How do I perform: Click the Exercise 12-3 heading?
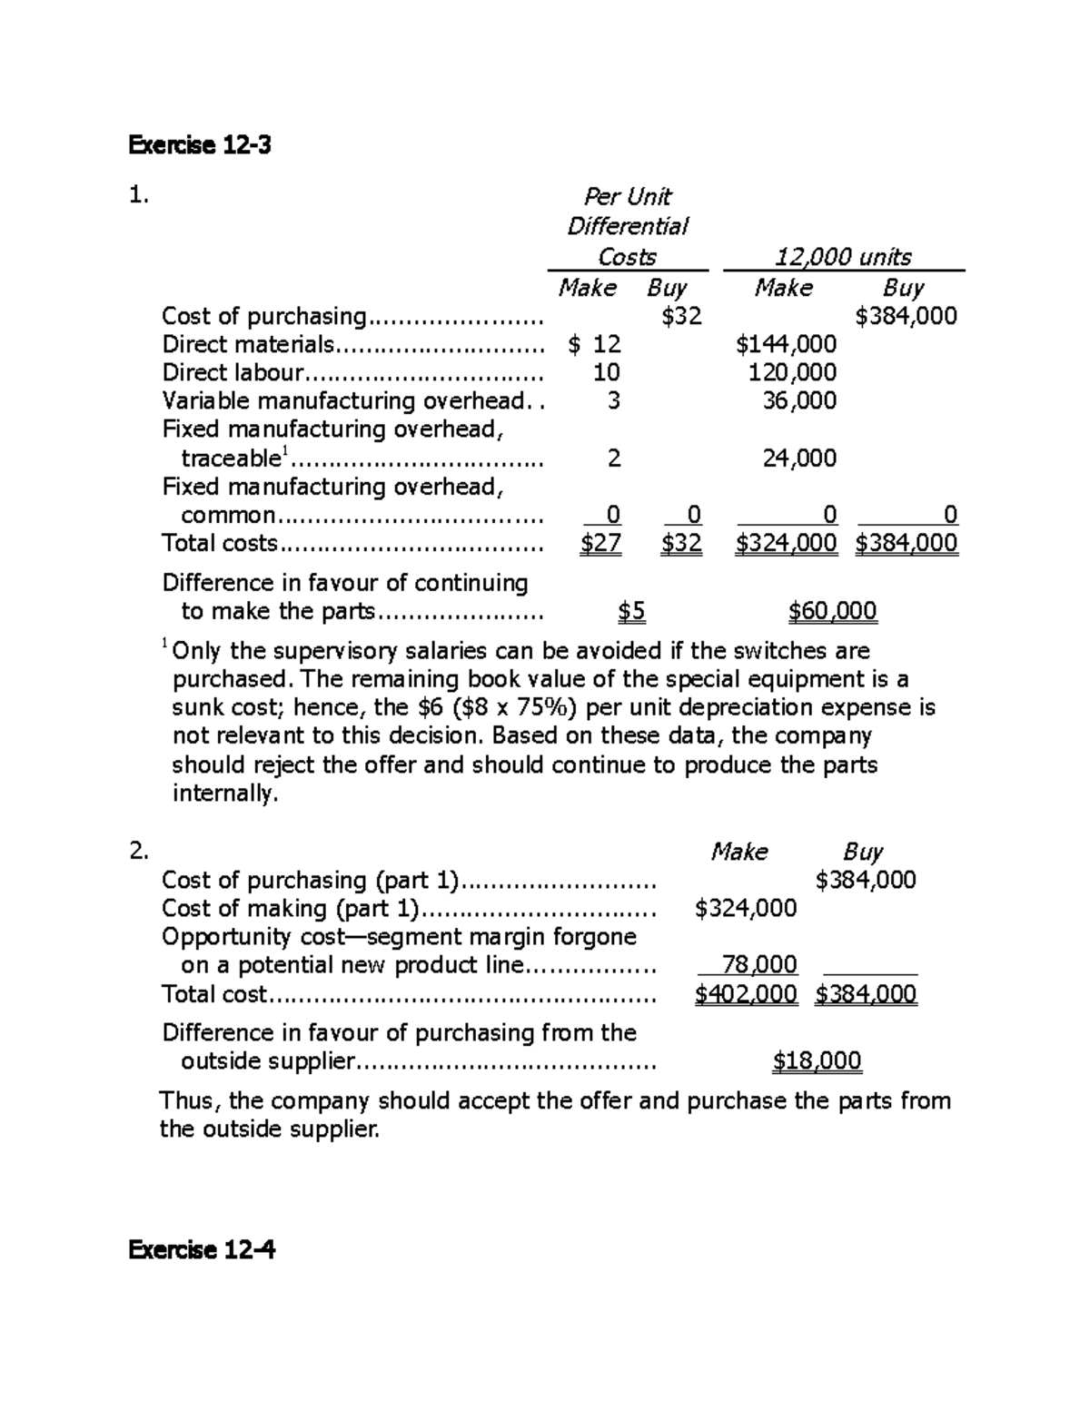(x=200, y=145)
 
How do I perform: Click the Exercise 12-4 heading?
(x=202, y=1250)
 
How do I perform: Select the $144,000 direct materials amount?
(x=786, y=344)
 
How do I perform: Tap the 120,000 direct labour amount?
(x=792, y=372)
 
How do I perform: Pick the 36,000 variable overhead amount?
(x=799, y=400)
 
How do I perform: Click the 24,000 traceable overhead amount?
(x=799, y=458)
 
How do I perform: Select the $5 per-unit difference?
(x=631, y=611)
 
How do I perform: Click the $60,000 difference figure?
(x=832, y=611)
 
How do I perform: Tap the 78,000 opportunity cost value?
(x=758, y=964)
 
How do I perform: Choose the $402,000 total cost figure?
(x=746, y=994)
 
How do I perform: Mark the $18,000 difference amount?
(x=817, y=1060)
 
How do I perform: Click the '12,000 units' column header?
(x=842, y=257)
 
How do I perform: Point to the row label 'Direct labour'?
(x=233, y=372)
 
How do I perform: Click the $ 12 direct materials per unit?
(x=594, y=344)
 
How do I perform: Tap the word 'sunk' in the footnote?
(x=199, y=707)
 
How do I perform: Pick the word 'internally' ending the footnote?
(x=223, y=794)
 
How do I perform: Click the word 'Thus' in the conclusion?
(x=189, y=1101)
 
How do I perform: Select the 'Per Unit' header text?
(x=627, y=197)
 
